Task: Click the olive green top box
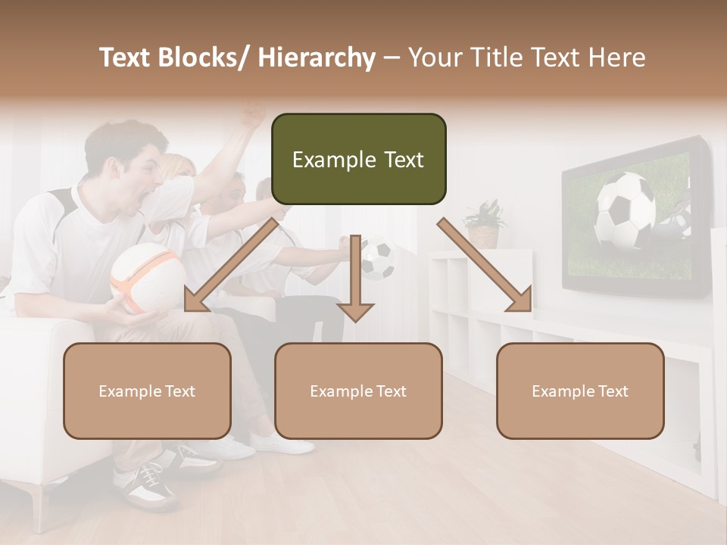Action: (x=358, y=159)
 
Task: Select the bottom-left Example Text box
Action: (x=147, y=391)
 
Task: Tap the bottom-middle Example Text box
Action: (x=358, y=391)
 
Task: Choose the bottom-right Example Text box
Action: (x=580, y=391)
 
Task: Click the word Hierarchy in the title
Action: (x=317, y=58)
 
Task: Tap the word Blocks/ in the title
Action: (x=202, y=58)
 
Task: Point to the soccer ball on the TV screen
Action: (x=625, y=210)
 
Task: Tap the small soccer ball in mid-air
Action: (x=378, y=258)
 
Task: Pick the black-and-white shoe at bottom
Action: (x=148, y=484)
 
